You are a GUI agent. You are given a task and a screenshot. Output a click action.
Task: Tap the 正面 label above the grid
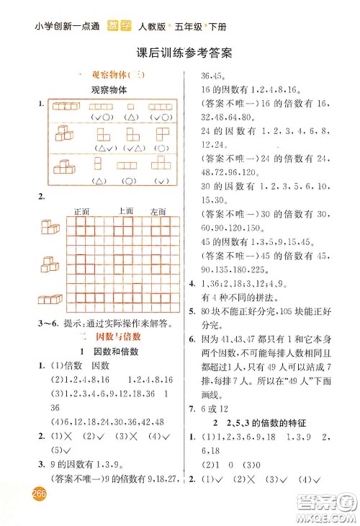click(x=81, y=212)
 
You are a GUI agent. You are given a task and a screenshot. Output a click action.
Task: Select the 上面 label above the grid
click(x=125, y=211)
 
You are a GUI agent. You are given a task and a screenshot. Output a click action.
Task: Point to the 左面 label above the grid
click(x=158, y=212)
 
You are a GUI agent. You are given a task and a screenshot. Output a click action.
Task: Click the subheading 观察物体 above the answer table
click(x=109, y=90)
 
